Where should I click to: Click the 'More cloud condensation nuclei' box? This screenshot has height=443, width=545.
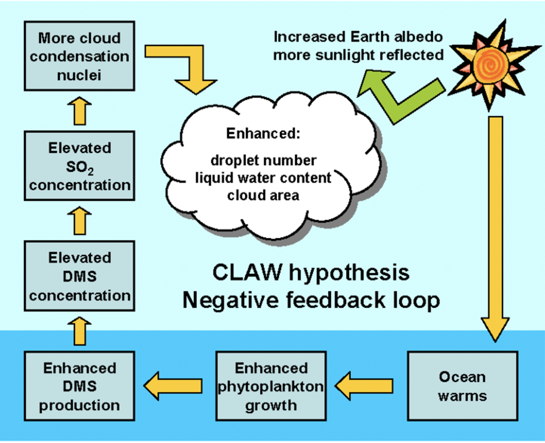tap(79, 56)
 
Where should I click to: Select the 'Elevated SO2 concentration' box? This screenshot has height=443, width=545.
tap(79, 166)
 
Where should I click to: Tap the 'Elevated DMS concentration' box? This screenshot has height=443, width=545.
tap(79, 276)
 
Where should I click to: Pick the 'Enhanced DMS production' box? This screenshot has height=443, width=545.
tap(79, 386)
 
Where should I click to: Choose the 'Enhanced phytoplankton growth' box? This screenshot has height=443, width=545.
tap(271, 386)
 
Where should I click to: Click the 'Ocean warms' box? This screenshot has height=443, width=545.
tap(462, 386)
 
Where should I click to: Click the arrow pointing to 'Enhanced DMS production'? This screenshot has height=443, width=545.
tap(173, 386)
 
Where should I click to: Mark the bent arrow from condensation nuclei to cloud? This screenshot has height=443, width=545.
tap(190, 65)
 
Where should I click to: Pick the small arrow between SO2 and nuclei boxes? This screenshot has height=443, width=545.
tap(80, 111)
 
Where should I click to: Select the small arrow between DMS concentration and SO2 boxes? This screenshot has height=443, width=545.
tap(80, 221)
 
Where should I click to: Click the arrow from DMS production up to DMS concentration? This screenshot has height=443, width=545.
tap(80, 331)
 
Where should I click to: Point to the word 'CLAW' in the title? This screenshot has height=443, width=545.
tap(247, 273)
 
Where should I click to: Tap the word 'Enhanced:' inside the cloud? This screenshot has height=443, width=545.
tap(263, 133)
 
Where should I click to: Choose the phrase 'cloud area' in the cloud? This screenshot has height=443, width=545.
tap(263, 196)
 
